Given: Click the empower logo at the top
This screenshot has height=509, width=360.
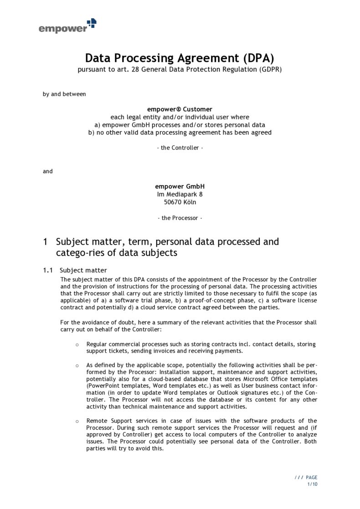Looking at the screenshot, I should click(67, 26).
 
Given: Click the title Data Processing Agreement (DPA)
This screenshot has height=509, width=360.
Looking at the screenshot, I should click(180, 58).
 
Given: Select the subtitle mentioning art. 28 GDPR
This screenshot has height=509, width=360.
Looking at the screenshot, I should click(180, 70).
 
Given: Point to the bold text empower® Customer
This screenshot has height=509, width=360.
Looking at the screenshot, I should click(180, 109).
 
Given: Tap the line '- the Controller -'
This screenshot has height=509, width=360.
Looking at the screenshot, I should click(180, 148).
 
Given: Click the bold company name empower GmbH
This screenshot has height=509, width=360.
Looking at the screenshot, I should click(180, 186).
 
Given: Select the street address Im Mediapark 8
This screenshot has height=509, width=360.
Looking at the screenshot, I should click(180, 194).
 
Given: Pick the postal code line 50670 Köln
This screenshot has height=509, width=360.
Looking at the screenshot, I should click(180, 202).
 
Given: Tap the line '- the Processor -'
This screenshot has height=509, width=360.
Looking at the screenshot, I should click(180, 218).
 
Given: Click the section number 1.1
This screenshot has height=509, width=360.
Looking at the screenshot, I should click(48, 270).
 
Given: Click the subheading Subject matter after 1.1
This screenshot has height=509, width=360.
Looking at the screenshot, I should click(83, 270).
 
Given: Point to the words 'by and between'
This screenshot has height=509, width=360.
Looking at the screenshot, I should click(64, 94).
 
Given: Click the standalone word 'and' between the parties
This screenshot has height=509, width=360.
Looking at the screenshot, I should click(48, 171).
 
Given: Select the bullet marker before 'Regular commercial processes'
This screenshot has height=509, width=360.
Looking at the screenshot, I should click(77, 344).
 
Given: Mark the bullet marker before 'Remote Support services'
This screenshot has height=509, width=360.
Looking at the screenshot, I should click(77, 421).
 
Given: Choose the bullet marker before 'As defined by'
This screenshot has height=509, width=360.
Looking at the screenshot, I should click(77, 365).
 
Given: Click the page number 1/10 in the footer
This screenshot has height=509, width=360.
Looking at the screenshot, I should click(312, 484).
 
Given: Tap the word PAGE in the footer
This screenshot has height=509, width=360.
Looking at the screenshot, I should click(312, 478).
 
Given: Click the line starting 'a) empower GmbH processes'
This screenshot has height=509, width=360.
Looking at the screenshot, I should click(180, 125).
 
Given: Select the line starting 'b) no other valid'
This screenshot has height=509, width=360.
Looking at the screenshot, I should click(180, 133).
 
